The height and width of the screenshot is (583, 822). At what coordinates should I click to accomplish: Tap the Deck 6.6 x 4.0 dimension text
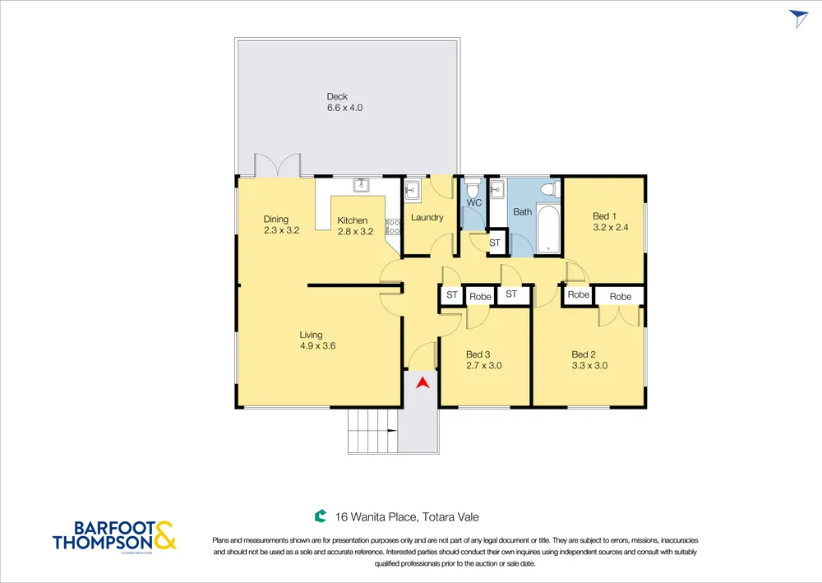(345, 108)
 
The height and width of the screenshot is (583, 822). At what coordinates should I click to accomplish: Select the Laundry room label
(427, 218)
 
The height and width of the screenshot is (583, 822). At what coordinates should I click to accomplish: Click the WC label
(474, 203)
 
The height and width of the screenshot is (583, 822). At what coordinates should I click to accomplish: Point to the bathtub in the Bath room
(549, 229)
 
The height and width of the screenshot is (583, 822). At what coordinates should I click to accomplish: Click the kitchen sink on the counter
(361, 185)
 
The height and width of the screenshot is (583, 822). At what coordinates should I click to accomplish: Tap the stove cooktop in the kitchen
(393, 226)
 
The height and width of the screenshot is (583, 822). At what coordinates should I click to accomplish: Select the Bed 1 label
(604, 216)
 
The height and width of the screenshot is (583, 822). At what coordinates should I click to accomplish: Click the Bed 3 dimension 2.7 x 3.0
(484, 366)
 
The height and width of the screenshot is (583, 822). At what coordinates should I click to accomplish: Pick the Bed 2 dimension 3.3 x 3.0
(589, 366)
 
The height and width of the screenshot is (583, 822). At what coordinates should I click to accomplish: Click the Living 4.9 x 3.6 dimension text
(317, 346)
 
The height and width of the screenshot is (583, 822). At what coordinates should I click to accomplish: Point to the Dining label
(275, 220)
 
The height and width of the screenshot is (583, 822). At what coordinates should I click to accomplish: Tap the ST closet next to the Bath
(495, 243)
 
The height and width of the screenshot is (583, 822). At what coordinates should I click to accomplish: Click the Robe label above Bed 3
(480, 297)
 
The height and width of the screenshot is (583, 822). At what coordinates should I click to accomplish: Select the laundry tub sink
(412, 190)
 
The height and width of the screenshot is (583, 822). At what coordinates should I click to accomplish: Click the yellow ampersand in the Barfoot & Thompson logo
(164, 535)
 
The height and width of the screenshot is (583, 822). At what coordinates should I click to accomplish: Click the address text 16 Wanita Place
(376, 517)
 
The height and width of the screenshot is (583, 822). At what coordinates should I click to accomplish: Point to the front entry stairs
(372, 430)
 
